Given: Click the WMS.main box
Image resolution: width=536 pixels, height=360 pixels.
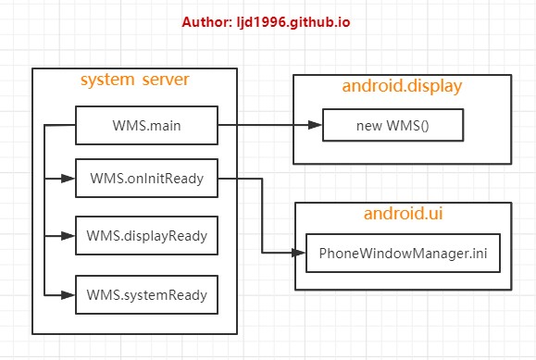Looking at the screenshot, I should pos(146,124).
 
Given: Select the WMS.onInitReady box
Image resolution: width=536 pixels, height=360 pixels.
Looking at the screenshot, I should pos(146,179).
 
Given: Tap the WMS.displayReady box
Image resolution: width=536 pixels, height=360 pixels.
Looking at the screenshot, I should pos(146,236).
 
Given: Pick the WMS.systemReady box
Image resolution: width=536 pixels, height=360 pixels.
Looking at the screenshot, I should pos(146,294).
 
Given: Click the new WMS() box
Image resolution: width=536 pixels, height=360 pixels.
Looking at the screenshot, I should pos(392,124).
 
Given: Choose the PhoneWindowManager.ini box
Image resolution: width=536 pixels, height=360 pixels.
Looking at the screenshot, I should pos(403,252).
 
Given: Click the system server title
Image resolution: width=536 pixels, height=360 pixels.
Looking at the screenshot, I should pos(134,81).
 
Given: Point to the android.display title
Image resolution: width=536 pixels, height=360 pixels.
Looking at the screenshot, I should pos(402,86).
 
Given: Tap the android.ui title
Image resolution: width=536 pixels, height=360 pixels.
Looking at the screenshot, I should pos(402,215).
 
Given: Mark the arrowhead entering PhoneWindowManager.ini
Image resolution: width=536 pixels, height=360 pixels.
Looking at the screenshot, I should pos(299,252).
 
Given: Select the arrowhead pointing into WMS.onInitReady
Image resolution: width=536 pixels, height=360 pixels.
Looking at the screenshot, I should pos(69,179).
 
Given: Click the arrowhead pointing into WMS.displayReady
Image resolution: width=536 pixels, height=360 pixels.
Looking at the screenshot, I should pos(69,236).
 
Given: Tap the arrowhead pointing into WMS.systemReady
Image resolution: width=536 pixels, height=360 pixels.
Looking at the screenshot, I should pos(69,294).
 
